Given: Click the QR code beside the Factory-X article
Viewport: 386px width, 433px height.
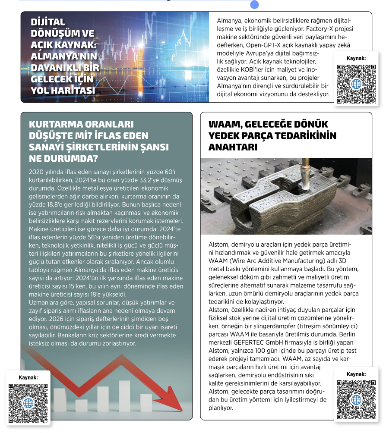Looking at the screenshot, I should point(356,84).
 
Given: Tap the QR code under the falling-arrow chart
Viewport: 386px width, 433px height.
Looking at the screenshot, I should point(28,403).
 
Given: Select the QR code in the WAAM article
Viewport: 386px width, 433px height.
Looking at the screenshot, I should point(356,399).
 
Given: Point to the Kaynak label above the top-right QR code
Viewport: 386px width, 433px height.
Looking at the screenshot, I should point(356,58).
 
